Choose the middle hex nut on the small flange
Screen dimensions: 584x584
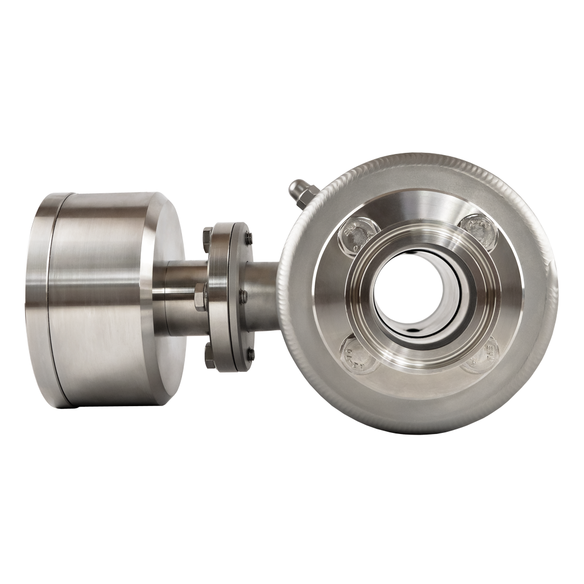coord(200,298)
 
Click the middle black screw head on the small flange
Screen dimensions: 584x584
coord(244,296)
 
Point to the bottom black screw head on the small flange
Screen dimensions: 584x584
coord(249,355)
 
